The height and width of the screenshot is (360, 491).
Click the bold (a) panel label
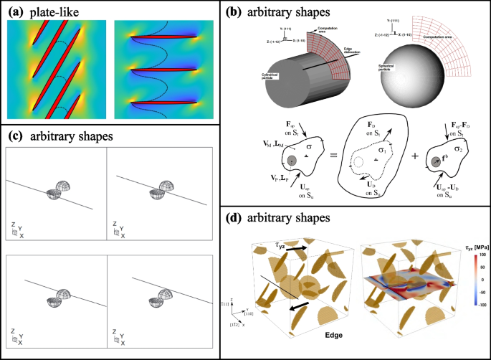point(15,9)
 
